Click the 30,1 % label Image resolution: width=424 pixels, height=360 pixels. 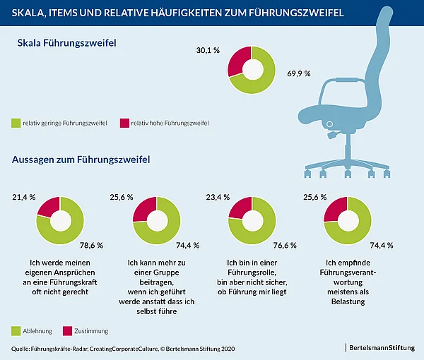pyautogui.click(x=208, y=51)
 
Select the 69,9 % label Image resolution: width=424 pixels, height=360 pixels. pyautogui.click(x=298, y=73)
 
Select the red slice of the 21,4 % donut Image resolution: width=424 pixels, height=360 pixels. pyautogui.click(x=47, y=208)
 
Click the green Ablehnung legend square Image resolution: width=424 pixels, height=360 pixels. pyautogui.click(x=17, y=330)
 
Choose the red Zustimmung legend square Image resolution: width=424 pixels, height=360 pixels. pyautogui.click(x=69, y=330)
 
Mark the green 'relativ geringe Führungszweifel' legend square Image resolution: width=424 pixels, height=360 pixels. pyautogui.click(x=17, y=123)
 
